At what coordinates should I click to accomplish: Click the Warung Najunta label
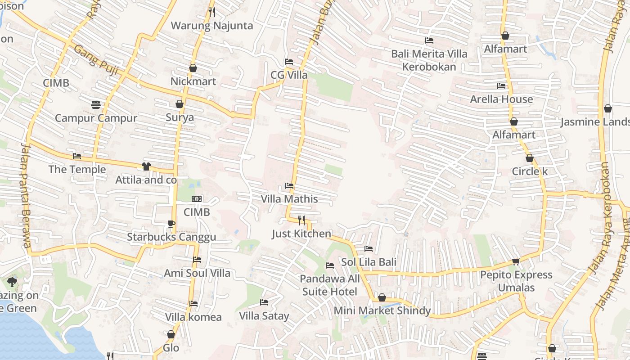(211, 26)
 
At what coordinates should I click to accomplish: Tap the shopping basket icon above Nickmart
(193, 68)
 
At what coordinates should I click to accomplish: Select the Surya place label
(180, 118)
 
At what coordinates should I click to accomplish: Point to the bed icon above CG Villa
(289, 62)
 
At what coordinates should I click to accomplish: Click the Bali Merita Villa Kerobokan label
(429, 60)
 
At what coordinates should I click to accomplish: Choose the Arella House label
(501, 99)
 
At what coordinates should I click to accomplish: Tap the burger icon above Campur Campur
(96, 105)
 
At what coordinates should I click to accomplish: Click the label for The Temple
(77, 170)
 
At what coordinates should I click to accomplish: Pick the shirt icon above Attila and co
(146, 166)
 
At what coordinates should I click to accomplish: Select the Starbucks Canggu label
(171, 237)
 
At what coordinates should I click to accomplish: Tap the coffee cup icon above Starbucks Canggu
(171, 223)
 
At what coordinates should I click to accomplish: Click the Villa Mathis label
(289, 199)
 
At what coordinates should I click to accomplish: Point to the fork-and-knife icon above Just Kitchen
(301, 220)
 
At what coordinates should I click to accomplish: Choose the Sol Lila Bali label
(369, 262)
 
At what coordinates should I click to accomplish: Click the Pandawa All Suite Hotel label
(330, 285)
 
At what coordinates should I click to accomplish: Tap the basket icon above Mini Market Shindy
(382, 297)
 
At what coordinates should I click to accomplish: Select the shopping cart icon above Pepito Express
(516, 261)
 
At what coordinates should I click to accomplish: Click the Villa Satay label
(264, 316)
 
